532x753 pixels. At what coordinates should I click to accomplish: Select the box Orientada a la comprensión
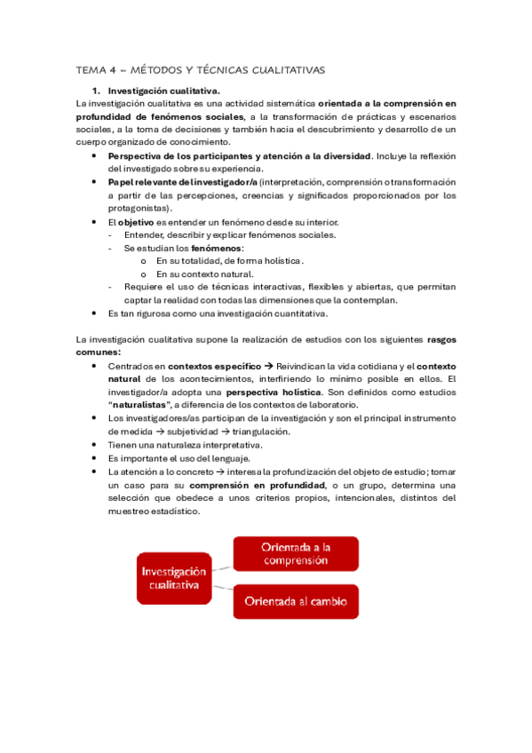(295, 553)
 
